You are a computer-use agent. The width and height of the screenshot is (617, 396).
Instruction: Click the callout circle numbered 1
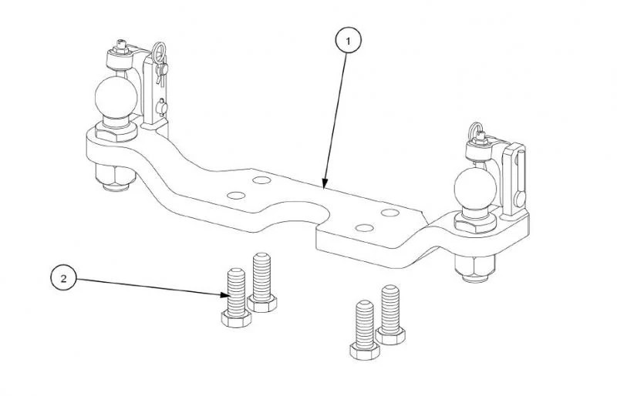[348, 41]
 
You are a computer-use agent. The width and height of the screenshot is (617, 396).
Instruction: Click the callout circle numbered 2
[63, 278]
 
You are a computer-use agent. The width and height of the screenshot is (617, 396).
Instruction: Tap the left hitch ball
[116, 97]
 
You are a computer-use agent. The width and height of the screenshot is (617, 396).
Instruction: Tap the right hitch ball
[475, 188]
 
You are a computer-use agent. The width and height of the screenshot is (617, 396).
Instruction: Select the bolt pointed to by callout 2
[236, 298]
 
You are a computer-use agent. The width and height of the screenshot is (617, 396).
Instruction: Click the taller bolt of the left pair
[262, 282]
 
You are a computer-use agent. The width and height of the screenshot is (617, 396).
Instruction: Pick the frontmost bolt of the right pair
[365, 330]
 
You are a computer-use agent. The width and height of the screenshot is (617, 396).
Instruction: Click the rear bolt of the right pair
[390, 314]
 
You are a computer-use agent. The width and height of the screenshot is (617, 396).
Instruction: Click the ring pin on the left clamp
[160, 62]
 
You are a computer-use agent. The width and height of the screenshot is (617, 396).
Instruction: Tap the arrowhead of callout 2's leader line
[224, 294]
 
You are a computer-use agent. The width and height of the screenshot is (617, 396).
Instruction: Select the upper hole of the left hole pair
[261, 180]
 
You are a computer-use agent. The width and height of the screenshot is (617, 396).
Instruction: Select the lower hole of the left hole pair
[236, 196]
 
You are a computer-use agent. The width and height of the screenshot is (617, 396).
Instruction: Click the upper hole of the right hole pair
[390, 213]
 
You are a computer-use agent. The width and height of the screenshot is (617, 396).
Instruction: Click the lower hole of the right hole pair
[364, 228]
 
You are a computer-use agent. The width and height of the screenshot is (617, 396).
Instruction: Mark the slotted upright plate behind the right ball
[515, 179]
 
